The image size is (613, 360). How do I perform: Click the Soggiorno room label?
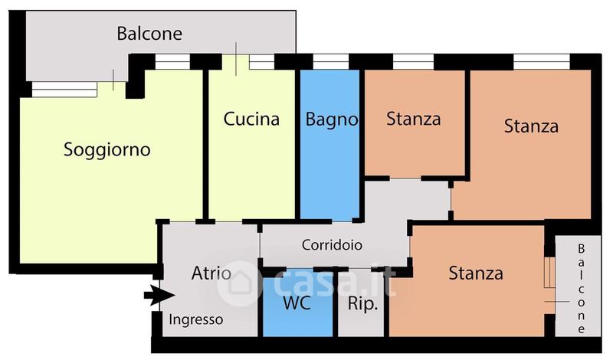tap(107, 149)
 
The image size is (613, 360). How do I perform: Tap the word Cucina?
tap(251, 119)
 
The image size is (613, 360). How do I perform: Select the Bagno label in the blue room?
tap(332, 119)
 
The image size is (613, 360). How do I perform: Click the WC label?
tap(297, 303)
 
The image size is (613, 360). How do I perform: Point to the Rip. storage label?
tap(362, 304)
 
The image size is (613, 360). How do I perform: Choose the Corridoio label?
tap(332, 245)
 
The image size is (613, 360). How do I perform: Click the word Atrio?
tap(211, 273)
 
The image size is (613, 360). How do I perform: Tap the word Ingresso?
tap(196, 320)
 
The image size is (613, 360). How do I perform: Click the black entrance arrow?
tap(159, 295)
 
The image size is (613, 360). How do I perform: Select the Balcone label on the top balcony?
tap(149, 34)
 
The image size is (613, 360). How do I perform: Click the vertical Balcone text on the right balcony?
tap(582, 289)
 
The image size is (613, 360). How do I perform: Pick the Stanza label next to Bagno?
tap(414, 119)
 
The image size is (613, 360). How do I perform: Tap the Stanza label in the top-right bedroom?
tap(531, 126)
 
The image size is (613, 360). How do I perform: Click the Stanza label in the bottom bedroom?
tap(476, 273)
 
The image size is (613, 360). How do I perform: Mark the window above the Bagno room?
tap(331, 62)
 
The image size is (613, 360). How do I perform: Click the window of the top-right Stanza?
tap(542, 62)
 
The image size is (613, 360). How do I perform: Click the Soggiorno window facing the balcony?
tap(64, 89)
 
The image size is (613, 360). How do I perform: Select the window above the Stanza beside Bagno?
tap(413, 62)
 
